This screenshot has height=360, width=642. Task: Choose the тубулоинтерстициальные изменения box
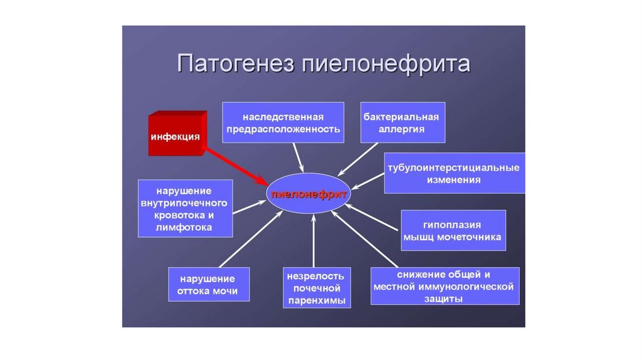point(454,174)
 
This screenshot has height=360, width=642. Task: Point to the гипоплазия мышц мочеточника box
point(453,230)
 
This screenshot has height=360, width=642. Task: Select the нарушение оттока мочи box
point(208,285)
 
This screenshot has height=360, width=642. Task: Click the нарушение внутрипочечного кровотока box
point(184,208)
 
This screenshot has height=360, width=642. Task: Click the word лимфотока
point(184,227)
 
